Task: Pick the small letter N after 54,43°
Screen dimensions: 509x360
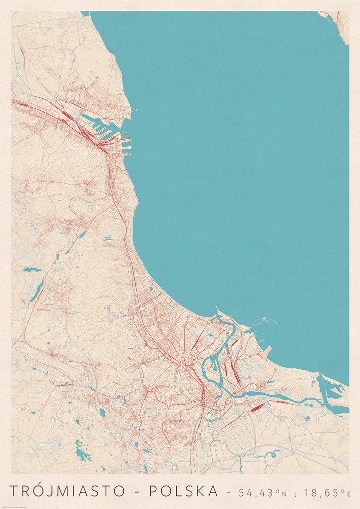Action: point(285,494)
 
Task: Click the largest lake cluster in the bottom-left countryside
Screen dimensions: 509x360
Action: point(79,452)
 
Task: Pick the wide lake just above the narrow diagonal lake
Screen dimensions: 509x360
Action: point(32,269)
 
